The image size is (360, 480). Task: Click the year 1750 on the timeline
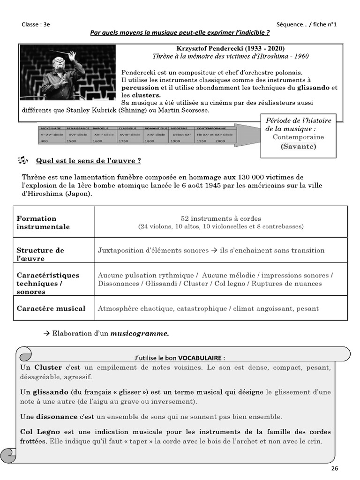124,141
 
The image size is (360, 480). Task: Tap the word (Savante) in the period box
298,146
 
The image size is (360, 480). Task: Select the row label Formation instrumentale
43,223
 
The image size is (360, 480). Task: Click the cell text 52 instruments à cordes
221,218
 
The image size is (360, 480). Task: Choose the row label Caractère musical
51,308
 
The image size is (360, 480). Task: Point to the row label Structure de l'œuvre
40,254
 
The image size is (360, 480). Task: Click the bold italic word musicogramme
139,334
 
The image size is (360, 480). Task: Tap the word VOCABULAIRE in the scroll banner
193,358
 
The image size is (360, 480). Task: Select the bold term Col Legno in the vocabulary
36,432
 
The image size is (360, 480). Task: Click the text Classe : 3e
36,24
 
